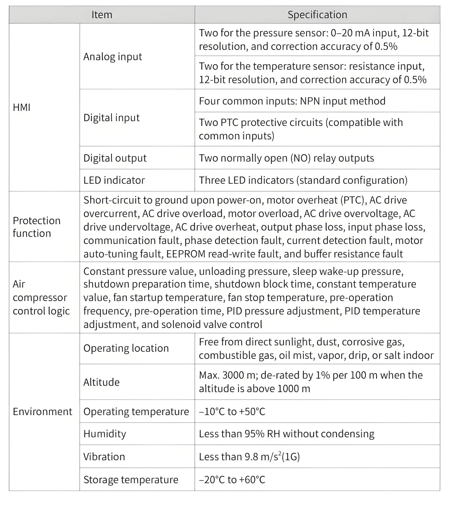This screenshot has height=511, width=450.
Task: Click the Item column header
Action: (x=102, y=15)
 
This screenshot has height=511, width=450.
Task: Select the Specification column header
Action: (x=317, y=15)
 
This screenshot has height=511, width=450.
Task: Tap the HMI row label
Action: (x=22, y=107)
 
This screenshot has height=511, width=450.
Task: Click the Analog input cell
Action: (x=112, y=57)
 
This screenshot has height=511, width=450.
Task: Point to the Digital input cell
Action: (x=111, y=118)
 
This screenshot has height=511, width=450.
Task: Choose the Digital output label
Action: (x=115, y=158)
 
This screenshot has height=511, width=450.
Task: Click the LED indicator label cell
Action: (x=114, y=180)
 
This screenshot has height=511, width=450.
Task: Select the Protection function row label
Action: (x=37, y=227)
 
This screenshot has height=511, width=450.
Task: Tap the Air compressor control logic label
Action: (x=41, y=298)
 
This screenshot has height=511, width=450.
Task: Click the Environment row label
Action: (x=42, y=412)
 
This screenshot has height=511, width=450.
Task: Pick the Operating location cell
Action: (x=126, y=348)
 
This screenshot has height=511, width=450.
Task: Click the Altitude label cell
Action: (x=101, y=382)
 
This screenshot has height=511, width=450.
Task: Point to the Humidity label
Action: (x=105, y=434)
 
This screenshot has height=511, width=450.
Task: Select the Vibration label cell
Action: (x=104, y=457)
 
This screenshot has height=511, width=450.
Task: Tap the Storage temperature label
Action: (x=131, y=480)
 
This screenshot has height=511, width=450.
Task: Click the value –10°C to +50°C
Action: (x=232, y=412)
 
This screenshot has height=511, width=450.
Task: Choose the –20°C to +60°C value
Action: (x=232, y=480)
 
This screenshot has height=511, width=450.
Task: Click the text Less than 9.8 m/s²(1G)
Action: (x=249, y=457)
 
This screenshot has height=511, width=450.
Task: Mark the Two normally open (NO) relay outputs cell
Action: (x=286, y=158)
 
